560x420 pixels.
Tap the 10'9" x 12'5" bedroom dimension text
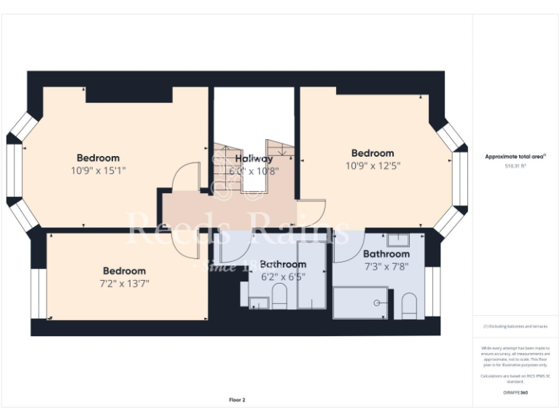pos(373,166)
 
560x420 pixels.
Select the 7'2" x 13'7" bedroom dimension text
pos(123,283)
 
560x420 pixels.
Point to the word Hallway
pos(254,158)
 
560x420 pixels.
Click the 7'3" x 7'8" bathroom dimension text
pos(386,266)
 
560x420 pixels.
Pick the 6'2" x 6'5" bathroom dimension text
pos(283,276)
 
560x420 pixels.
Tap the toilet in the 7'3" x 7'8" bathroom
pos(409,306)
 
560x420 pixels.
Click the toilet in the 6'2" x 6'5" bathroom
pos(279,296)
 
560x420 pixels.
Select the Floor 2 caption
pos(237,400)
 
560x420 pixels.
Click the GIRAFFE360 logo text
pos(516,393)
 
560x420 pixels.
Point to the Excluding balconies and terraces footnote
pos(516,326)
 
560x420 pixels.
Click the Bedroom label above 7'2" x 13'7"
pos(123,271)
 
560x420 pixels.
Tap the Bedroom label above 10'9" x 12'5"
pos(373,153)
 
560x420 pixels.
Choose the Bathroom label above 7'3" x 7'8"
pos(386,254)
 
